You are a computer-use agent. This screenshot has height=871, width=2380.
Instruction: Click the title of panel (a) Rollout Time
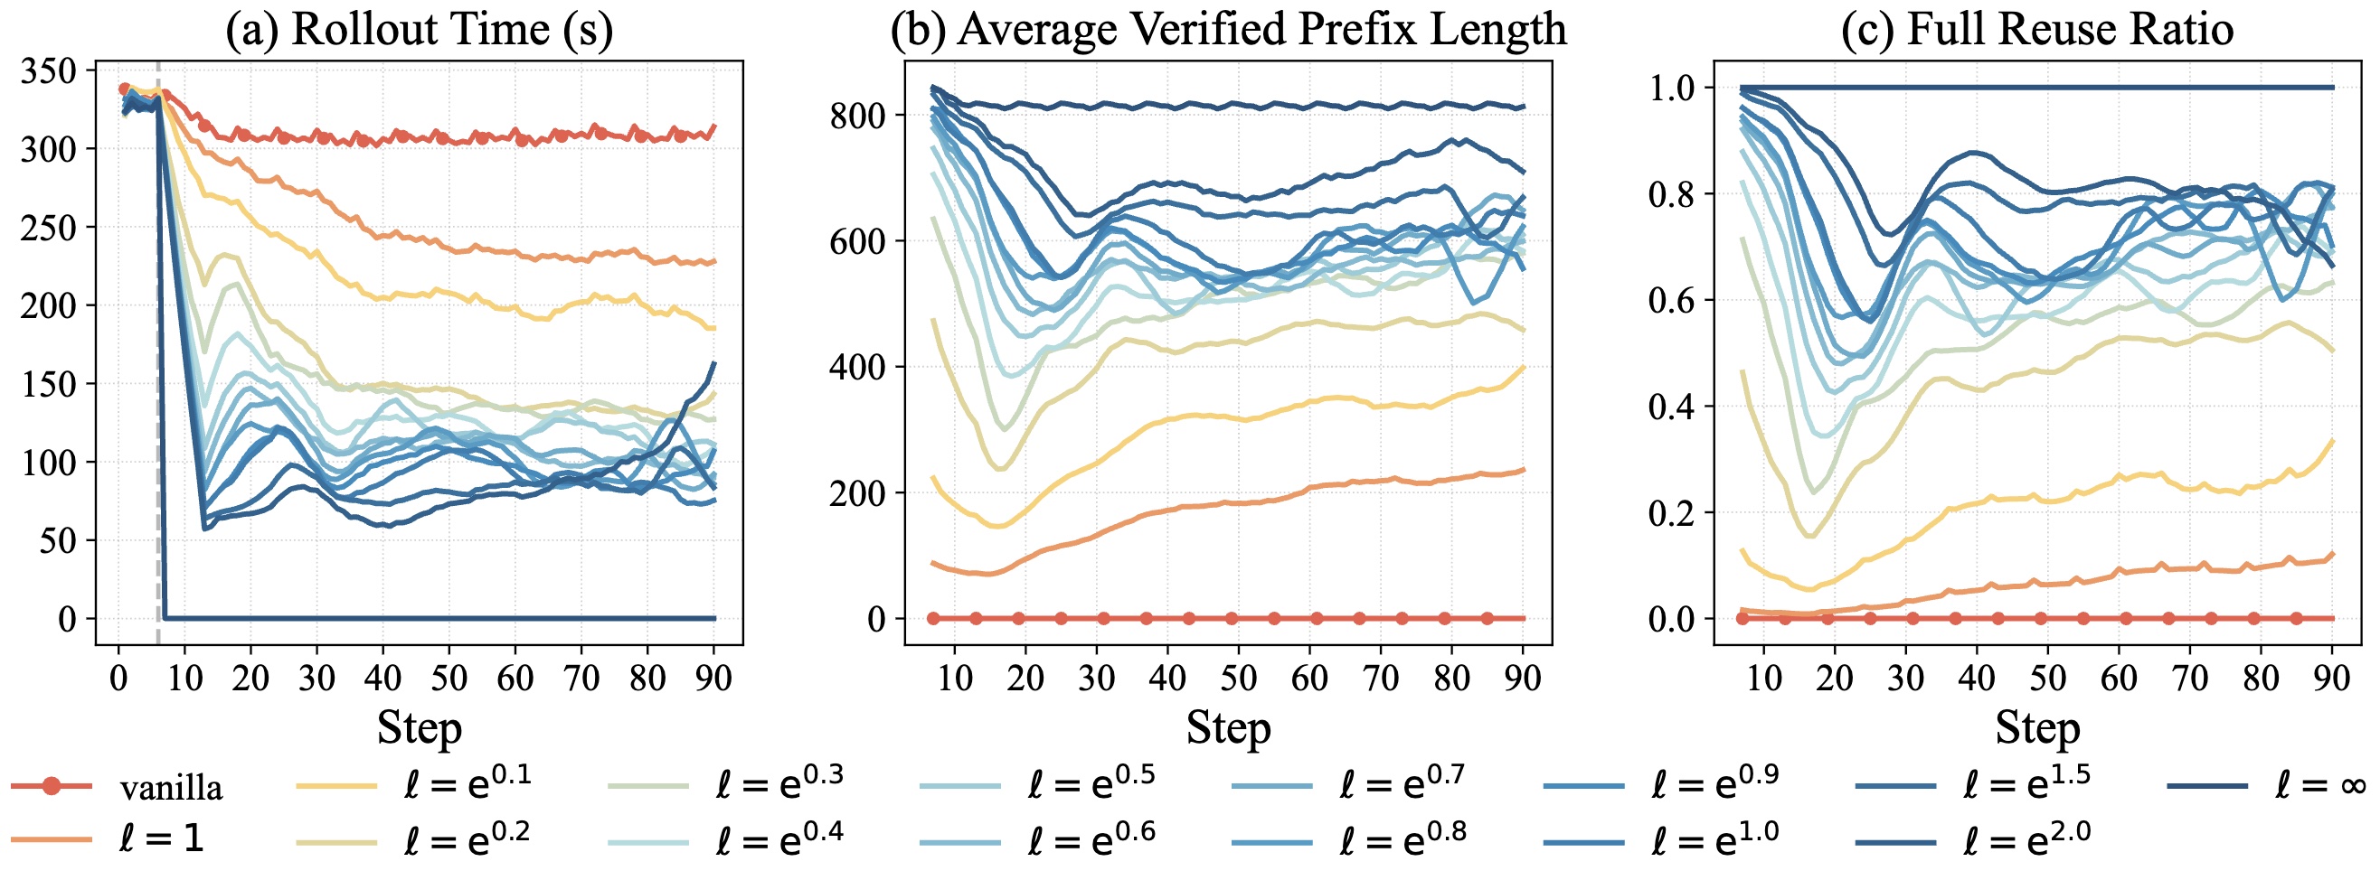pos(419,29)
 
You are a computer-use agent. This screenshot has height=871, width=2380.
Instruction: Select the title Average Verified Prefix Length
pos(1228,29)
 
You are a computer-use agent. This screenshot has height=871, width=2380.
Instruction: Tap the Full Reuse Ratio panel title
pos(2036,29)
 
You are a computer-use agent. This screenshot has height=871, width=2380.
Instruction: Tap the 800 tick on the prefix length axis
pos(857,116)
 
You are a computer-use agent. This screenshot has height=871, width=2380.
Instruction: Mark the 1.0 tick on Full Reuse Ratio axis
pos(1673,88)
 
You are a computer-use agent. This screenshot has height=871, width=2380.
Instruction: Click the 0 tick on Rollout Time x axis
pos(118,679)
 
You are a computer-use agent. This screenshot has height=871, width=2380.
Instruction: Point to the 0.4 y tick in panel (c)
pos(1673,407)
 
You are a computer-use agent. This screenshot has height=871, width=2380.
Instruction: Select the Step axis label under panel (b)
pos(1228,728)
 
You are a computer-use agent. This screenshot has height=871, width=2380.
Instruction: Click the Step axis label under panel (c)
pos(2036,728)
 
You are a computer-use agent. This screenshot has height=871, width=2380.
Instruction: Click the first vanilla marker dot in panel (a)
pos(125,89)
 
